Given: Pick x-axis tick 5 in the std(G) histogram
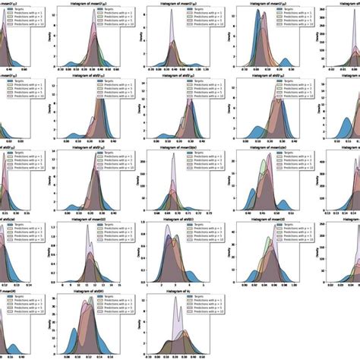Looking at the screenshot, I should pyautogui.click(x=205, y=284).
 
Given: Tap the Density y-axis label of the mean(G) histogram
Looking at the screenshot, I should pyautogui.click(x=52, y=251).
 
